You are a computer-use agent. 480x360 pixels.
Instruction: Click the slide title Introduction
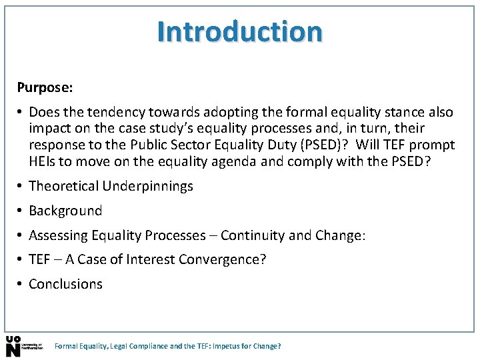click(240, 31)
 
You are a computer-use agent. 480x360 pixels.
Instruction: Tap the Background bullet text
click(65, 211)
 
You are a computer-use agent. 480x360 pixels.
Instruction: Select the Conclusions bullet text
click(65, 284)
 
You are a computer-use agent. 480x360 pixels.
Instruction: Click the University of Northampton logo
click(24, 346)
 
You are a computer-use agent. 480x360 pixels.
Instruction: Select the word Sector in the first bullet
click(189, 145)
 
